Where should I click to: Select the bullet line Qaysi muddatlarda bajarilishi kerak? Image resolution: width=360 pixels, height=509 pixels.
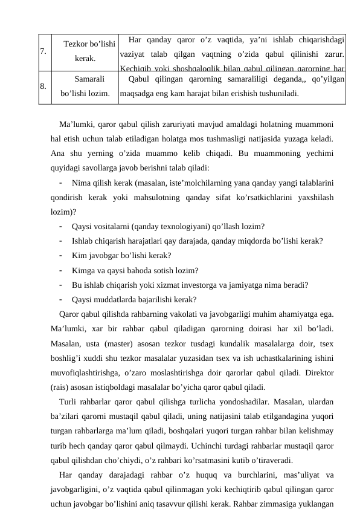(133, 299)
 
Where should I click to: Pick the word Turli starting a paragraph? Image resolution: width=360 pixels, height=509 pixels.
(70, 402)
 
